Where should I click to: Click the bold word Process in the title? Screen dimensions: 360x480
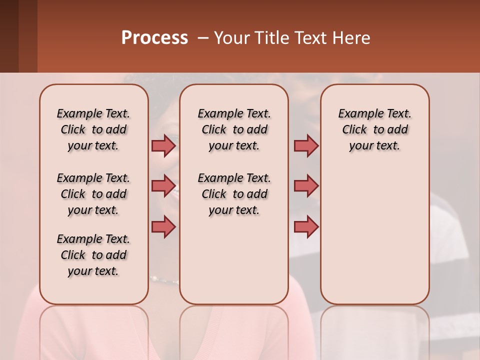pyautogui.click(x=154, y=38)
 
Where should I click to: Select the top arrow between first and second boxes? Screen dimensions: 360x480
pyautogui.click(x=163, y=145)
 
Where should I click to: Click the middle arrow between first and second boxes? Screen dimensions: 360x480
pyautogui.click(x=163, y=186)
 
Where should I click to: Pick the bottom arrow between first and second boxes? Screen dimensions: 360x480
pyautogui.click(x=163, y=226)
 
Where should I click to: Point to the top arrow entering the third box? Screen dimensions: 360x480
pyautogui.click(x=306, y=145)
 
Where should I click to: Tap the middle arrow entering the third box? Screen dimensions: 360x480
pyautogui.click(x=306, y=186)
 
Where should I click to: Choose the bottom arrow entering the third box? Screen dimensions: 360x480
pyautogui.click(x=306, y=226)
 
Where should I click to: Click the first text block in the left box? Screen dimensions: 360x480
pyautogui.click(x=93, y=129)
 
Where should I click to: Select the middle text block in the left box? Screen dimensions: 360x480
pyautogui.click(x=93, y=194)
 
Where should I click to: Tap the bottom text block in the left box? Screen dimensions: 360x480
pyautogui.click(x=93, y=255)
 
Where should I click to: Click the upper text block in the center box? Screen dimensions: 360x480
pyautogui.click(x=234, y=129)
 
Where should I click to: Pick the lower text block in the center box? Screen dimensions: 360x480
pyautogui.click(x=234, y=194)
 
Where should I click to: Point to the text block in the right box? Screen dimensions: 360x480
pyautogui.click(x=374, y=129)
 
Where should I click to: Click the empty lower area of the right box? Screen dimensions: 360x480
pyautogui.click(x=374, y=240)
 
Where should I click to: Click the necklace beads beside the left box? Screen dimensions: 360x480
pyautogui.click(x=164, y=280)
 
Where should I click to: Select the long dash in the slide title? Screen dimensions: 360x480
pyautogui.click(x=203, y=38)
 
